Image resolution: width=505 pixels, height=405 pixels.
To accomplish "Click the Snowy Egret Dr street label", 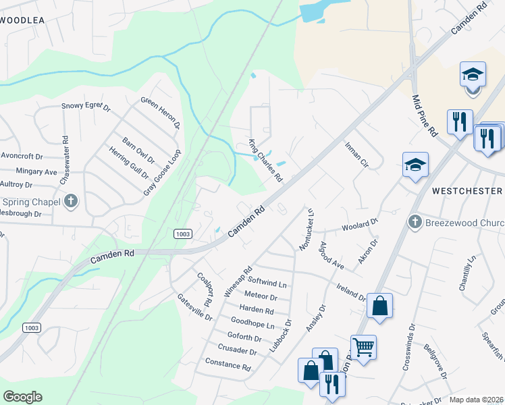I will pyautogui.click(x=85, y=106).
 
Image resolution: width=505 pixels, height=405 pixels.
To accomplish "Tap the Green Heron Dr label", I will pyautogui.click(x=161, y=112).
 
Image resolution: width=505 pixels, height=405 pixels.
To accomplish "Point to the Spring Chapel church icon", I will pyautogui.click(x=71, y=201).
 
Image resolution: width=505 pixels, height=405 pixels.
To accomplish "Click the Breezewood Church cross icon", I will pyautogui.click(x=416, y=221).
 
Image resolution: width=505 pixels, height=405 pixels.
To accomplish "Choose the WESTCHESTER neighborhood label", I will pyautogui.click(x=467, y=191).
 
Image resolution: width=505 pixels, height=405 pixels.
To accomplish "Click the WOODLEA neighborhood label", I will pyautogui.click(x=22, y=20).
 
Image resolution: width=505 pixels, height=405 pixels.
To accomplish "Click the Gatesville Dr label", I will pyautogui.click(x=195, y=307).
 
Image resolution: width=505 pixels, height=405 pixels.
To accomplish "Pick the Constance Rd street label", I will pyautogui.click(x=229, y=365).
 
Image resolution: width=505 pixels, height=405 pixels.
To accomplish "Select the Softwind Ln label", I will pyautogui.click(x=267, y=279).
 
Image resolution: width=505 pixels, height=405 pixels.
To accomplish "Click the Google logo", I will pyautogui.click(x=22, y=396).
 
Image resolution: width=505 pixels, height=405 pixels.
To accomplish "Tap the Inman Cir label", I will pyautogui.click(x=356, y=155).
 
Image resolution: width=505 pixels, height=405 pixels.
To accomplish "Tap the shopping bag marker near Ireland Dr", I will pyautogui.click(x=380, y=305).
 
